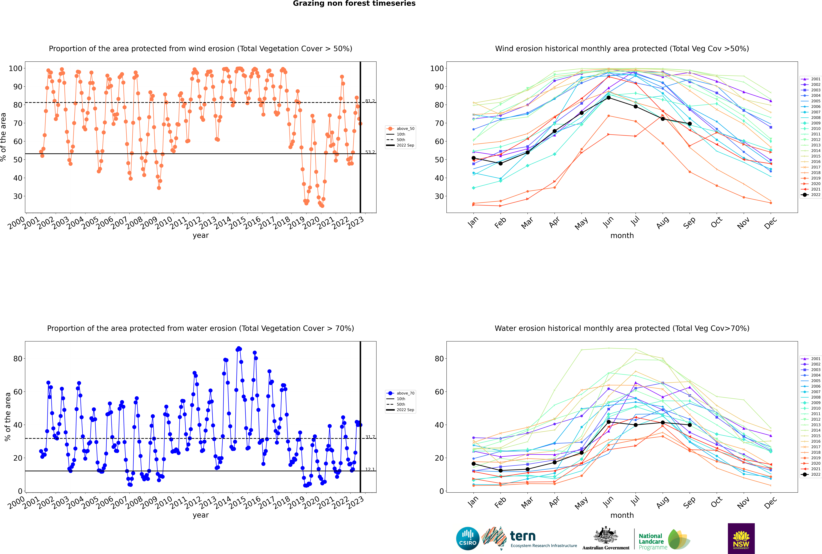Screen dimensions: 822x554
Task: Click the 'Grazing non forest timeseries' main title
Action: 354,4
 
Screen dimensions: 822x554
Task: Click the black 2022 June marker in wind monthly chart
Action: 609,98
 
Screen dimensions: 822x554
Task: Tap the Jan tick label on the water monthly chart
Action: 473,502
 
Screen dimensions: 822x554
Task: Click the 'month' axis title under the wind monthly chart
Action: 622,236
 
